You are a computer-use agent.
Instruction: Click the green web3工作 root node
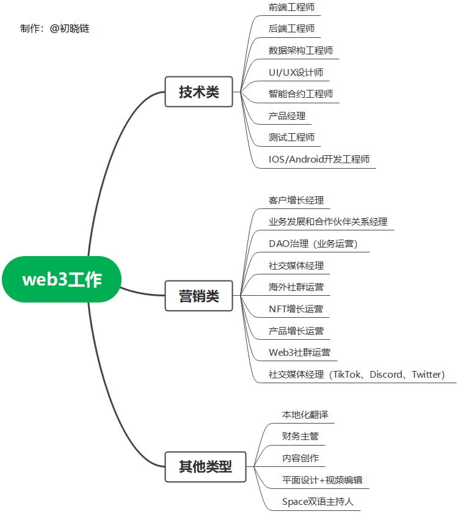[62, 279]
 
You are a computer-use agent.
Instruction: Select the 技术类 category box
[199, 92]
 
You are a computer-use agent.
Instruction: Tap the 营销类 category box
[199, 296]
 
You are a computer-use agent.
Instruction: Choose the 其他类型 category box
[205, 467]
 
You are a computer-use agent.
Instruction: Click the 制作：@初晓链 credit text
[55, 28]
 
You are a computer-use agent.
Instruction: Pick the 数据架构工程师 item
[301, 50]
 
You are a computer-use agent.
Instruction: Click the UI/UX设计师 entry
[296, 72]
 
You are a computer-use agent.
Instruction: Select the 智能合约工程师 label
[301, 94]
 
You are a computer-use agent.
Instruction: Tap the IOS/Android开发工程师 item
[319, 160]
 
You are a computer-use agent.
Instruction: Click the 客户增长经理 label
[296, 200]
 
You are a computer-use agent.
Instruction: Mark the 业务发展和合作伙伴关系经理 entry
[328, 221]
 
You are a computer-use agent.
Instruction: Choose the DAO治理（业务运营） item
[313, 243]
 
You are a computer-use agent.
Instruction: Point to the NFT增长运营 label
[296, 309]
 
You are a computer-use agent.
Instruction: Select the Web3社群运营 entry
[299, 353]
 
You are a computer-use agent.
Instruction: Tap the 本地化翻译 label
[305, 414]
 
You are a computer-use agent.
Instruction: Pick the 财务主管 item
[300, 436]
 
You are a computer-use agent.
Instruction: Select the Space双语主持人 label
[318, 502]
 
